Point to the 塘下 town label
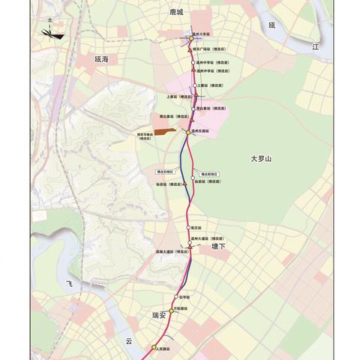(218, 246)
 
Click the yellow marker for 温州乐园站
(189, 132)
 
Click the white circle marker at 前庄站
(189, 226)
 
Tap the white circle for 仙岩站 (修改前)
(193, 178)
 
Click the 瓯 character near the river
(273, 25)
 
